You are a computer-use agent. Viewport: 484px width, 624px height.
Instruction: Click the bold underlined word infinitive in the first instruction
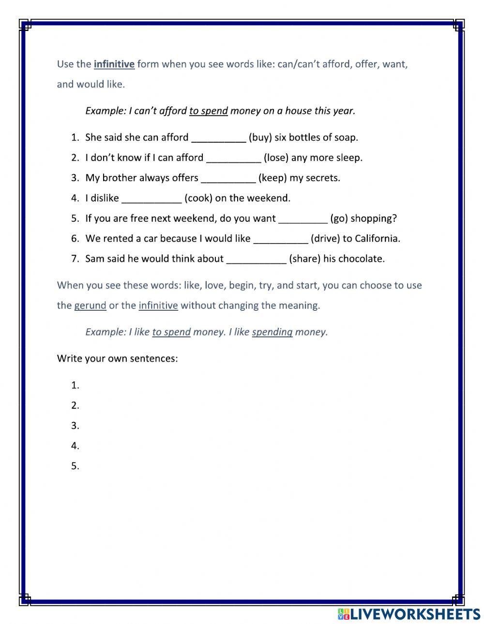pos(114,64)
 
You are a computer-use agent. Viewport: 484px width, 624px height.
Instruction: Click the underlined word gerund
pos(90,306)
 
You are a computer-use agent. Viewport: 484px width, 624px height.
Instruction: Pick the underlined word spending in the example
pos(272,332)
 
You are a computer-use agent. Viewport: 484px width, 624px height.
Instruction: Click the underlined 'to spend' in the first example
pos(208,111)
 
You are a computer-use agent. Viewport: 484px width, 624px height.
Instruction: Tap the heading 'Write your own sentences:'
pos(117,359)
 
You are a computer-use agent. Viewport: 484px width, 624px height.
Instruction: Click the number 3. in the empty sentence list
pos(75,426)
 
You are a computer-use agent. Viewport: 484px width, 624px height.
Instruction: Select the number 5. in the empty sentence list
pos(75,466)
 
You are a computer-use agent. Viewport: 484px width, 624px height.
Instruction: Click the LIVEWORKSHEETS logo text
pos(409,614)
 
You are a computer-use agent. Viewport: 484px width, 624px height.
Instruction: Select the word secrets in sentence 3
pos(323,178)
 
